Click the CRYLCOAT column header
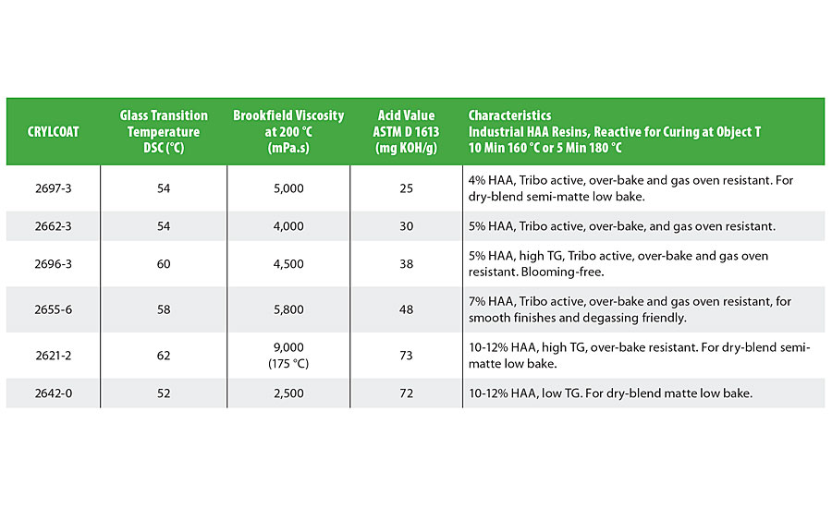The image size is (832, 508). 53,131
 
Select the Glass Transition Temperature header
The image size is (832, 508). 164,131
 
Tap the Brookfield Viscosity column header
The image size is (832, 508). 288,131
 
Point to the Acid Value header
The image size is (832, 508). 407,131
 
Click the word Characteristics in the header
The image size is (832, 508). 509,115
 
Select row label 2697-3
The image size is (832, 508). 53,188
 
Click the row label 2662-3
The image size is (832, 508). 53,226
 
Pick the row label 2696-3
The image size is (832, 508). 53,264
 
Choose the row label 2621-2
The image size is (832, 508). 53,354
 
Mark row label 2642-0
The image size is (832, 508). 53,393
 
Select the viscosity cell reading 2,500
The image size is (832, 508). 288,393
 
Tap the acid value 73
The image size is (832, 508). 407,354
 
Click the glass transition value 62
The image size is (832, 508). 164,354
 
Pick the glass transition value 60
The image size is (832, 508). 164,264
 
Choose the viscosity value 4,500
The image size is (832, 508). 288,264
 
